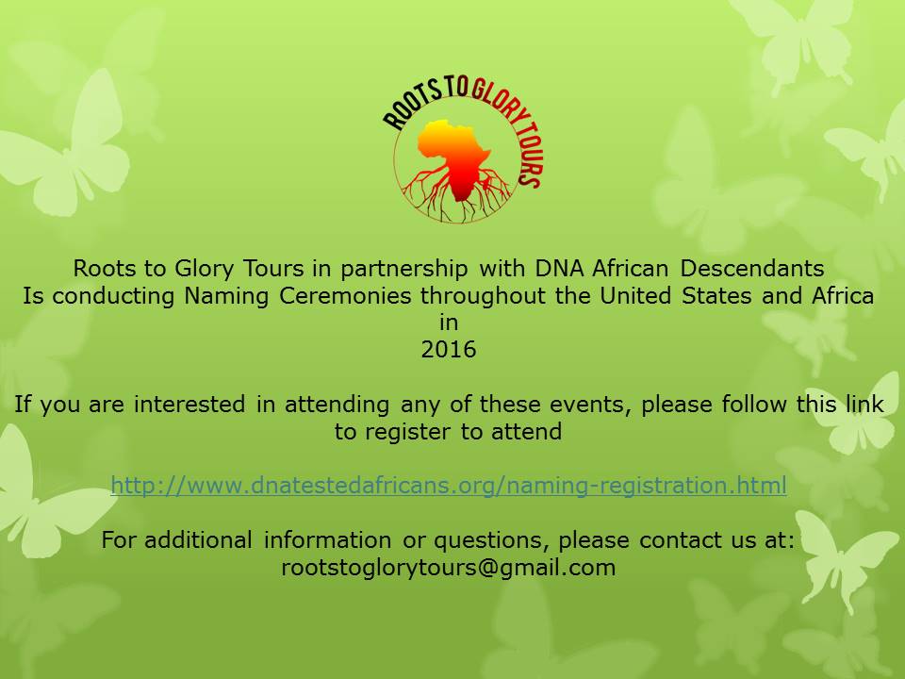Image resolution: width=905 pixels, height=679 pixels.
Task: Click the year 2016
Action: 449,349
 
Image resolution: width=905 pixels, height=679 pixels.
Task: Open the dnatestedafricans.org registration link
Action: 449,485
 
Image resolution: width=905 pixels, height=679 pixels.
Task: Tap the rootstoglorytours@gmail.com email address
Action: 449,567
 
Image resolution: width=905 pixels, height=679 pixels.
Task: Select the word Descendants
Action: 752,269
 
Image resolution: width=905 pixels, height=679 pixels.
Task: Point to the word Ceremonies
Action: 345,295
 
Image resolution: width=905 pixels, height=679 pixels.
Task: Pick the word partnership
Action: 404,270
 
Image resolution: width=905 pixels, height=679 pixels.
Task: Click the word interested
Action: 189,404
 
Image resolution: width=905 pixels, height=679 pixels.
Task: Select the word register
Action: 408,432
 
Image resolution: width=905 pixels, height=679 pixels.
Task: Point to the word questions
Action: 487,540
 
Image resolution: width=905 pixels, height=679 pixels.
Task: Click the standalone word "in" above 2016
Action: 449,323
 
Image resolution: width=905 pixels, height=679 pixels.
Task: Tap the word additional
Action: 198,539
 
